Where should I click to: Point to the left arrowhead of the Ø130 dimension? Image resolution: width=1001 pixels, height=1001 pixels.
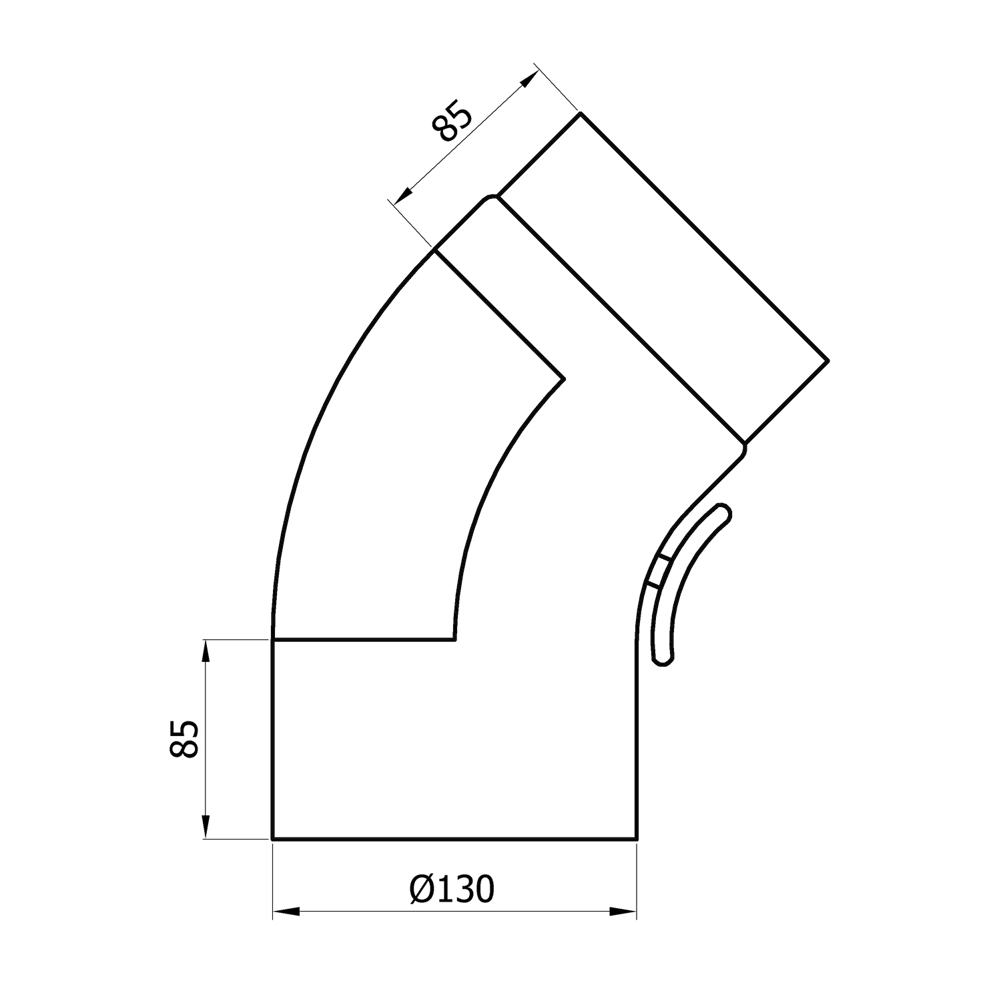coord(284,912)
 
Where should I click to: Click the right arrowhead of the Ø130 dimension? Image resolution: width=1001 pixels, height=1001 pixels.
coord(625,912)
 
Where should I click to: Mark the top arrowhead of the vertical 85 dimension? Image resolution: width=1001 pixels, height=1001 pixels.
coord(206,651)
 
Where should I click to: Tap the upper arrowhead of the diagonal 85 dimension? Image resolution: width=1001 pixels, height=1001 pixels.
coord(527,79)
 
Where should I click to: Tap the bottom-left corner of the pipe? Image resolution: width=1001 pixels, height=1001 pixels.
coord(272,838)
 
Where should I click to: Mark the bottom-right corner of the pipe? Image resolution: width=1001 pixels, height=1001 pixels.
coord(637,838)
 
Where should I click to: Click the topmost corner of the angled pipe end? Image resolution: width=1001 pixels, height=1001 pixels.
coord(579,114)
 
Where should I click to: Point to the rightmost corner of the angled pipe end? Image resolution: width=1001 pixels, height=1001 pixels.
coord(828,360)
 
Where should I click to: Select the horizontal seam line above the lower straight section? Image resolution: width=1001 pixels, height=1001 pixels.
coord(364,639)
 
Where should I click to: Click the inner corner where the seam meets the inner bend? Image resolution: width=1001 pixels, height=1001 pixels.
coord(454,639)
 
